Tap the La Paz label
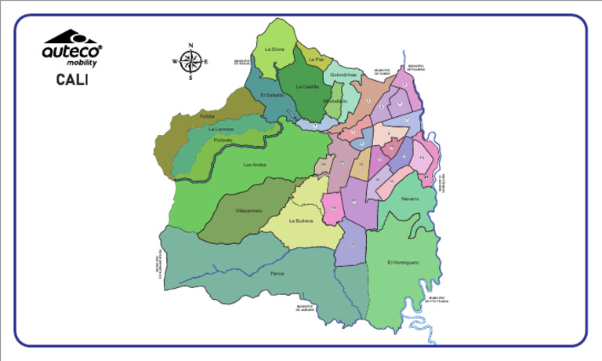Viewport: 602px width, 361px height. (x=317, y=60)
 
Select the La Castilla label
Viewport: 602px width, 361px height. (x=307, y=86)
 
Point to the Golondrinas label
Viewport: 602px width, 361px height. (x=343, y=75)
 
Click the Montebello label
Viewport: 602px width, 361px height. (x=335, y=100)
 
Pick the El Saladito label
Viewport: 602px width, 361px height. (x=271, y=95)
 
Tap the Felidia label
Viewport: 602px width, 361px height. (x=207, y=116)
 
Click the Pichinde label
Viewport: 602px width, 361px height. (x=223, y=139)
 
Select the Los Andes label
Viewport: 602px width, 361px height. (x=255, y=165)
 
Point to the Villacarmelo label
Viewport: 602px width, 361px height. (x=248, y=210)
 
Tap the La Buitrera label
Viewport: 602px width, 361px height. (x=301, y=221)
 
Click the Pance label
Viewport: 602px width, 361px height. (x=276, y=272)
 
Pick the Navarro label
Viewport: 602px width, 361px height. (x=410, y=199)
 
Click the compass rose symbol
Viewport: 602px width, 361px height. (x=190, y=60)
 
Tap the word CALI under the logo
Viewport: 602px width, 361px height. (x=71, y=79)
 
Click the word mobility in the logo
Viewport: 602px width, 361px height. (x=82, y=62)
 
